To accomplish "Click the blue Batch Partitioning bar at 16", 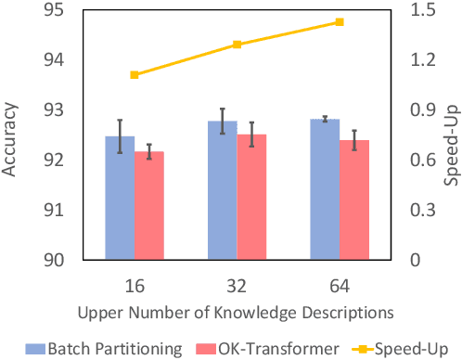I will click(120, 199).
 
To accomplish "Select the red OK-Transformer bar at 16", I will click(149, 206).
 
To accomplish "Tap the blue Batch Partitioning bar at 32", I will click(222, 191).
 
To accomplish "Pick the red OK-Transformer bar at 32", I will click(251, 198).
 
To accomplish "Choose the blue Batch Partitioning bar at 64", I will click(325, 190).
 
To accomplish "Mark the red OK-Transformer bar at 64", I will click(354, 200).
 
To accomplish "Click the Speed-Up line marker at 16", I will click(135, 74).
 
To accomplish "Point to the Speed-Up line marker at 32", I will click(237, 45).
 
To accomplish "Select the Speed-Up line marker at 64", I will click(340, 21).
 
